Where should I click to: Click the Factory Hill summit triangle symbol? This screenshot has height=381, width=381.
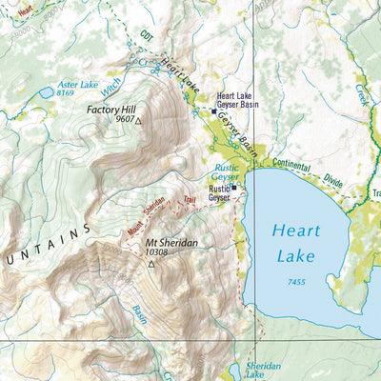(x=138, y=122)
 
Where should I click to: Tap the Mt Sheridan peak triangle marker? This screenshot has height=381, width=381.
(x=150, y=263)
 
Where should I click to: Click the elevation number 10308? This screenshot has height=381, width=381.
(x=160, y=253)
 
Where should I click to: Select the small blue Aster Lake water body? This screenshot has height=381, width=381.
(x=46, y=92)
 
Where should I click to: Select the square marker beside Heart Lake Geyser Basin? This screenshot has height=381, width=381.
(x=212, y=110)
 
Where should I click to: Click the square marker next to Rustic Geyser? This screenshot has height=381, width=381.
(x=234, y=188)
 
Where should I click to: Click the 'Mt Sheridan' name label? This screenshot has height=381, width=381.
(x=171, y=243)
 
